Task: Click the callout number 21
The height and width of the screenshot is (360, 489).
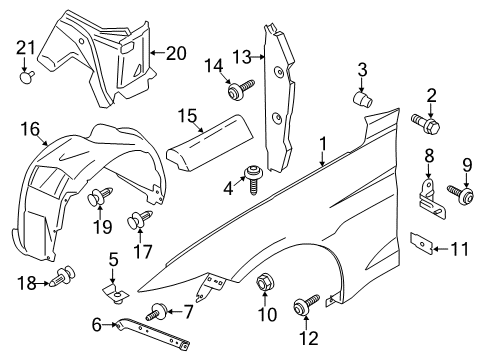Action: coord(25,46)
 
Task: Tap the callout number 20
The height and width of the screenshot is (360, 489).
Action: coord(175,52)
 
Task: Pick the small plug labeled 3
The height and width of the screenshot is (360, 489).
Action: coord(363,100)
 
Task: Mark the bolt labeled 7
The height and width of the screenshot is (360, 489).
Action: coord(159,310)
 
